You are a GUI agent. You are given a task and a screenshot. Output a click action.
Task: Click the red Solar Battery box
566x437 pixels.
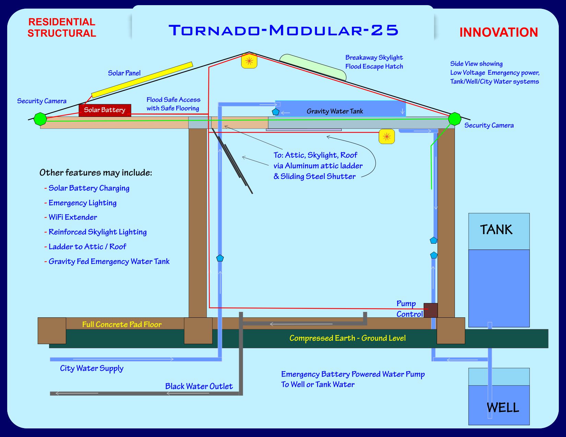pos(105,110)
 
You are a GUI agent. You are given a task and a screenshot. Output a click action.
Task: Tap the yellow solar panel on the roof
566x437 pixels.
pos(142,80)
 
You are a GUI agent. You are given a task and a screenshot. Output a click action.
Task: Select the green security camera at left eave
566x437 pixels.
pos(40,119)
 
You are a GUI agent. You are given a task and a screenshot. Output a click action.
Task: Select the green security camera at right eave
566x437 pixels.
pos(455,119)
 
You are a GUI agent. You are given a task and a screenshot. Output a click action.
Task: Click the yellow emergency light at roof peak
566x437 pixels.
pos(249,61)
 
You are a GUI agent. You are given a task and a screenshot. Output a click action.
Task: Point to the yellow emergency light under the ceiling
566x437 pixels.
pos(387,137)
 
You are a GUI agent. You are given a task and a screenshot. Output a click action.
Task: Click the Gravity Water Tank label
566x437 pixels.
pos(334,111)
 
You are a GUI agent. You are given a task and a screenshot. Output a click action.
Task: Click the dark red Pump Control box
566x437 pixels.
pos(431,310)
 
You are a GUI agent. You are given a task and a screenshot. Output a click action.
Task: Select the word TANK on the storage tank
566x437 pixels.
pos(496,230)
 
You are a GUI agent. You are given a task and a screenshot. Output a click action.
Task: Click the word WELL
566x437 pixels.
pos(503,408)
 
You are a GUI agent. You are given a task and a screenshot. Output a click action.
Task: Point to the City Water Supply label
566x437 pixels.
pos(92,368)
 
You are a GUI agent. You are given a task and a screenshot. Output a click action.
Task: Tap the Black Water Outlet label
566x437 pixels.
pos(199,386)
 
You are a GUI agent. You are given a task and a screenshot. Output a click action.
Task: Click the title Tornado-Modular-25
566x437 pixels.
pos(283,30)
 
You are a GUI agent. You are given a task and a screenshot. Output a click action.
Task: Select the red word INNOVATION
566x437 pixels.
pos(498,33)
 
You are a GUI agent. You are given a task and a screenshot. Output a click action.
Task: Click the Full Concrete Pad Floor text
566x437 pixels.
pos(122,324)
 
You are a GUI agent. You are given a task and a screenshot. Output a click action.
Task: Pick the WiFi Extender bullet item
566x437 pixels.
pos(72,217)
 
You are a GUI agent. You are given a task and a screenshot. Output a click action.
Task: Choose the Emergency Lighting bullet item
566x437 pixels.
pos(82,203)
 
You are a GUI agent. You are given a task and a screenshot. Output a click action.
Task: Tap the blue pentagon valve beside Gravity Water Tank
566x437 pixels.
pos(275,112)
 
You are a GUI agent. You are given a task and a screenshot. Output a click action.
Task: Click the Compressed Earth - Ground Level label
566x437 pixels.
pos(347,338)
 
